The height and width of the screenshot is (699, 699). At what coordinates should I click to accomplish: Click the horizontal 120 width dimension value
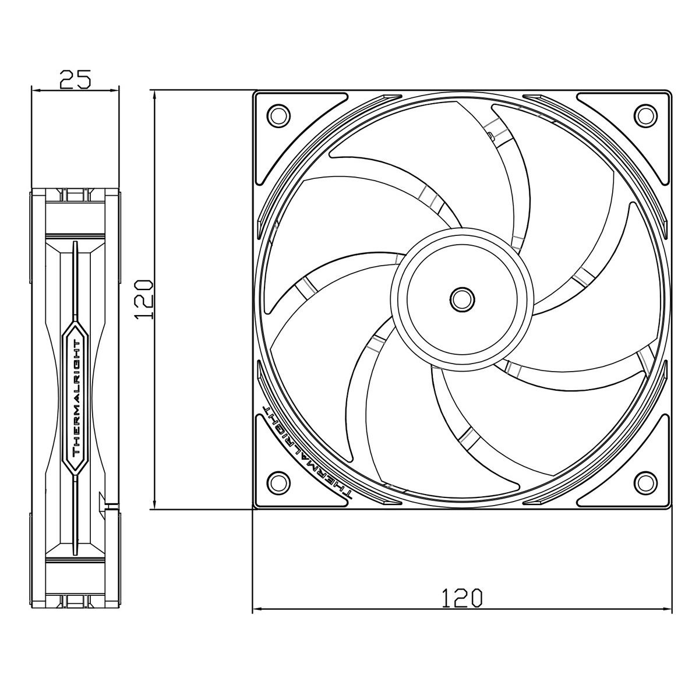tap(462, 599)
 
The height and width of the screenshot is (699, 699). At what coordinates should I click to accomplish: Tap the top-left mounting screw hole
tap(278, 115)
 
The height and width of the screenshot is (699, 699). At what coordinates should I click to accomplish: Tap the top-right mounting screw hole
tap(645, 115)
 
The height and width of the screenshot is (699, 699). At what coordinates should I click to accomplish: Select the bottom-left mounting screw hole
tap(278, 482)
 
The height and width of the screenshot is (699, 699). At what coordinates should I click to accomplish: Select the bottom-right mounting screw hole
tap(645, 482)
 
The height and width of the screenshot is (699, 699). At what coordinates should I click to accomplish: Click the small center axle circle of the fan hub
tap(462, 299)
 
